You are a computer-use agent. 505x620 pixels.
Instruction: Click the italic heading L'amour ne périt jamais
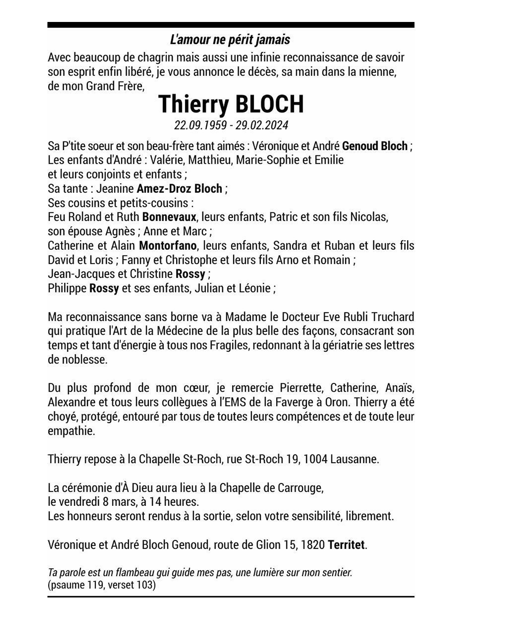tap(230, 40)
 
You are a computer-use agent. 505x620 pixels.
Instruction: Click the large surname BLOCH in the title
tap(270, 104)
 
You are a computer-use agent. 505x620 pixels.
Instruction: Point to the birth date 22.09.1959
tap(200, 125)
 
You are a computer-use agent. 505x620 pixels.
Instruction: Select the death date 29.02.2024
tap(262, 125)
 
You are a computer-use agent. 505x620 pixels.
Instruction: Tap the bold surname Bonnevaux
tap(169, 217)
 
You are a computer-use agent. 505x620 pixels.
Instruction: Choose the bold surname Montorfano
tap(168, 245)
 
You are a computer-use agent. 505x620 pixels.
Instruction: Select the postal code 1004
tap(315, 459)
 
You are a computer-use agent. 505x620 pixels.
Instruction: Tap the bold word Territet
tap(346, 545)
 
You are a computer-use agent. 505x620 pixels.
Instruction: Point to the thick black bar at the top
tap(231, 25)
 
